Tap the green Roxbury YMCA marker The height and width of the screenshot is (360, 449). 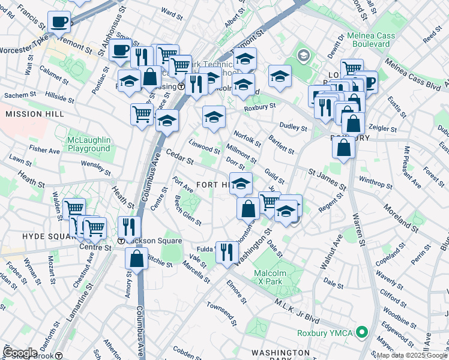pyautogui.click(x=361, y=332)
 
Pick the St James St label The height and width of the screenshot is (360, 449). pyautogui.click(x=327, y=180)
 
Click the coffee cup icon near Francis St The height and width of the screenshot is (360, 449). pyautogui.click(x=59, y=22)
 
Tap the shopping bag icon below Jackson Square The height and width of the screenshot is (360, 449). pyautogui.click(x=136, y=259)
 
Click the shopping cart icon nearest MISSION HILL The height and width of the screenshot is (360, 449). pyautogui.click(x=142, y=113)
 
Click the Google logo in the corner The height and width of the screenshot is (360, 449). pyautogui.click(x=20, y=352)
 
